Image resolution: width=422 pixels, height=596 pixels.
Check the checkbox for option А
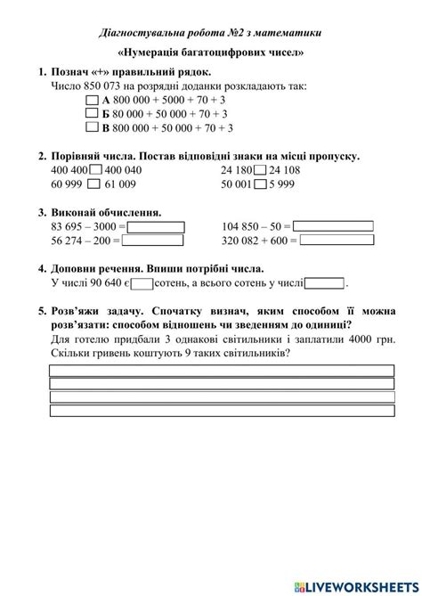92,101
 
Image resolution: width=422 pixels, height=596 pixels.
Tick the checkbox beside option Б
92,114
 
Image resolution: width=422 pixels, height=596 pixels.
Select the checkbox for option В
92,127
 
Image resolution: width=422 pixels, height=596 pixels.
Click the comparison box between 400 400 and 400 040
97,170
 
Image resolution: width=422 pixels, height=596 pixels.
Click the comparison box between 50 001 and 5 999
259,184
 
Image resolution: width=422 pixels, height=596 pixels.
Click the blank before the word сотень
142,283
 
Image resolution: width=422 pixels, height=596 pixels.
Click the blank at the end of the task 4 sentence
324,283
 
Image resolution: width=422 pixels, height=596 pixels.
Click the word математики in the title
288,33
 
